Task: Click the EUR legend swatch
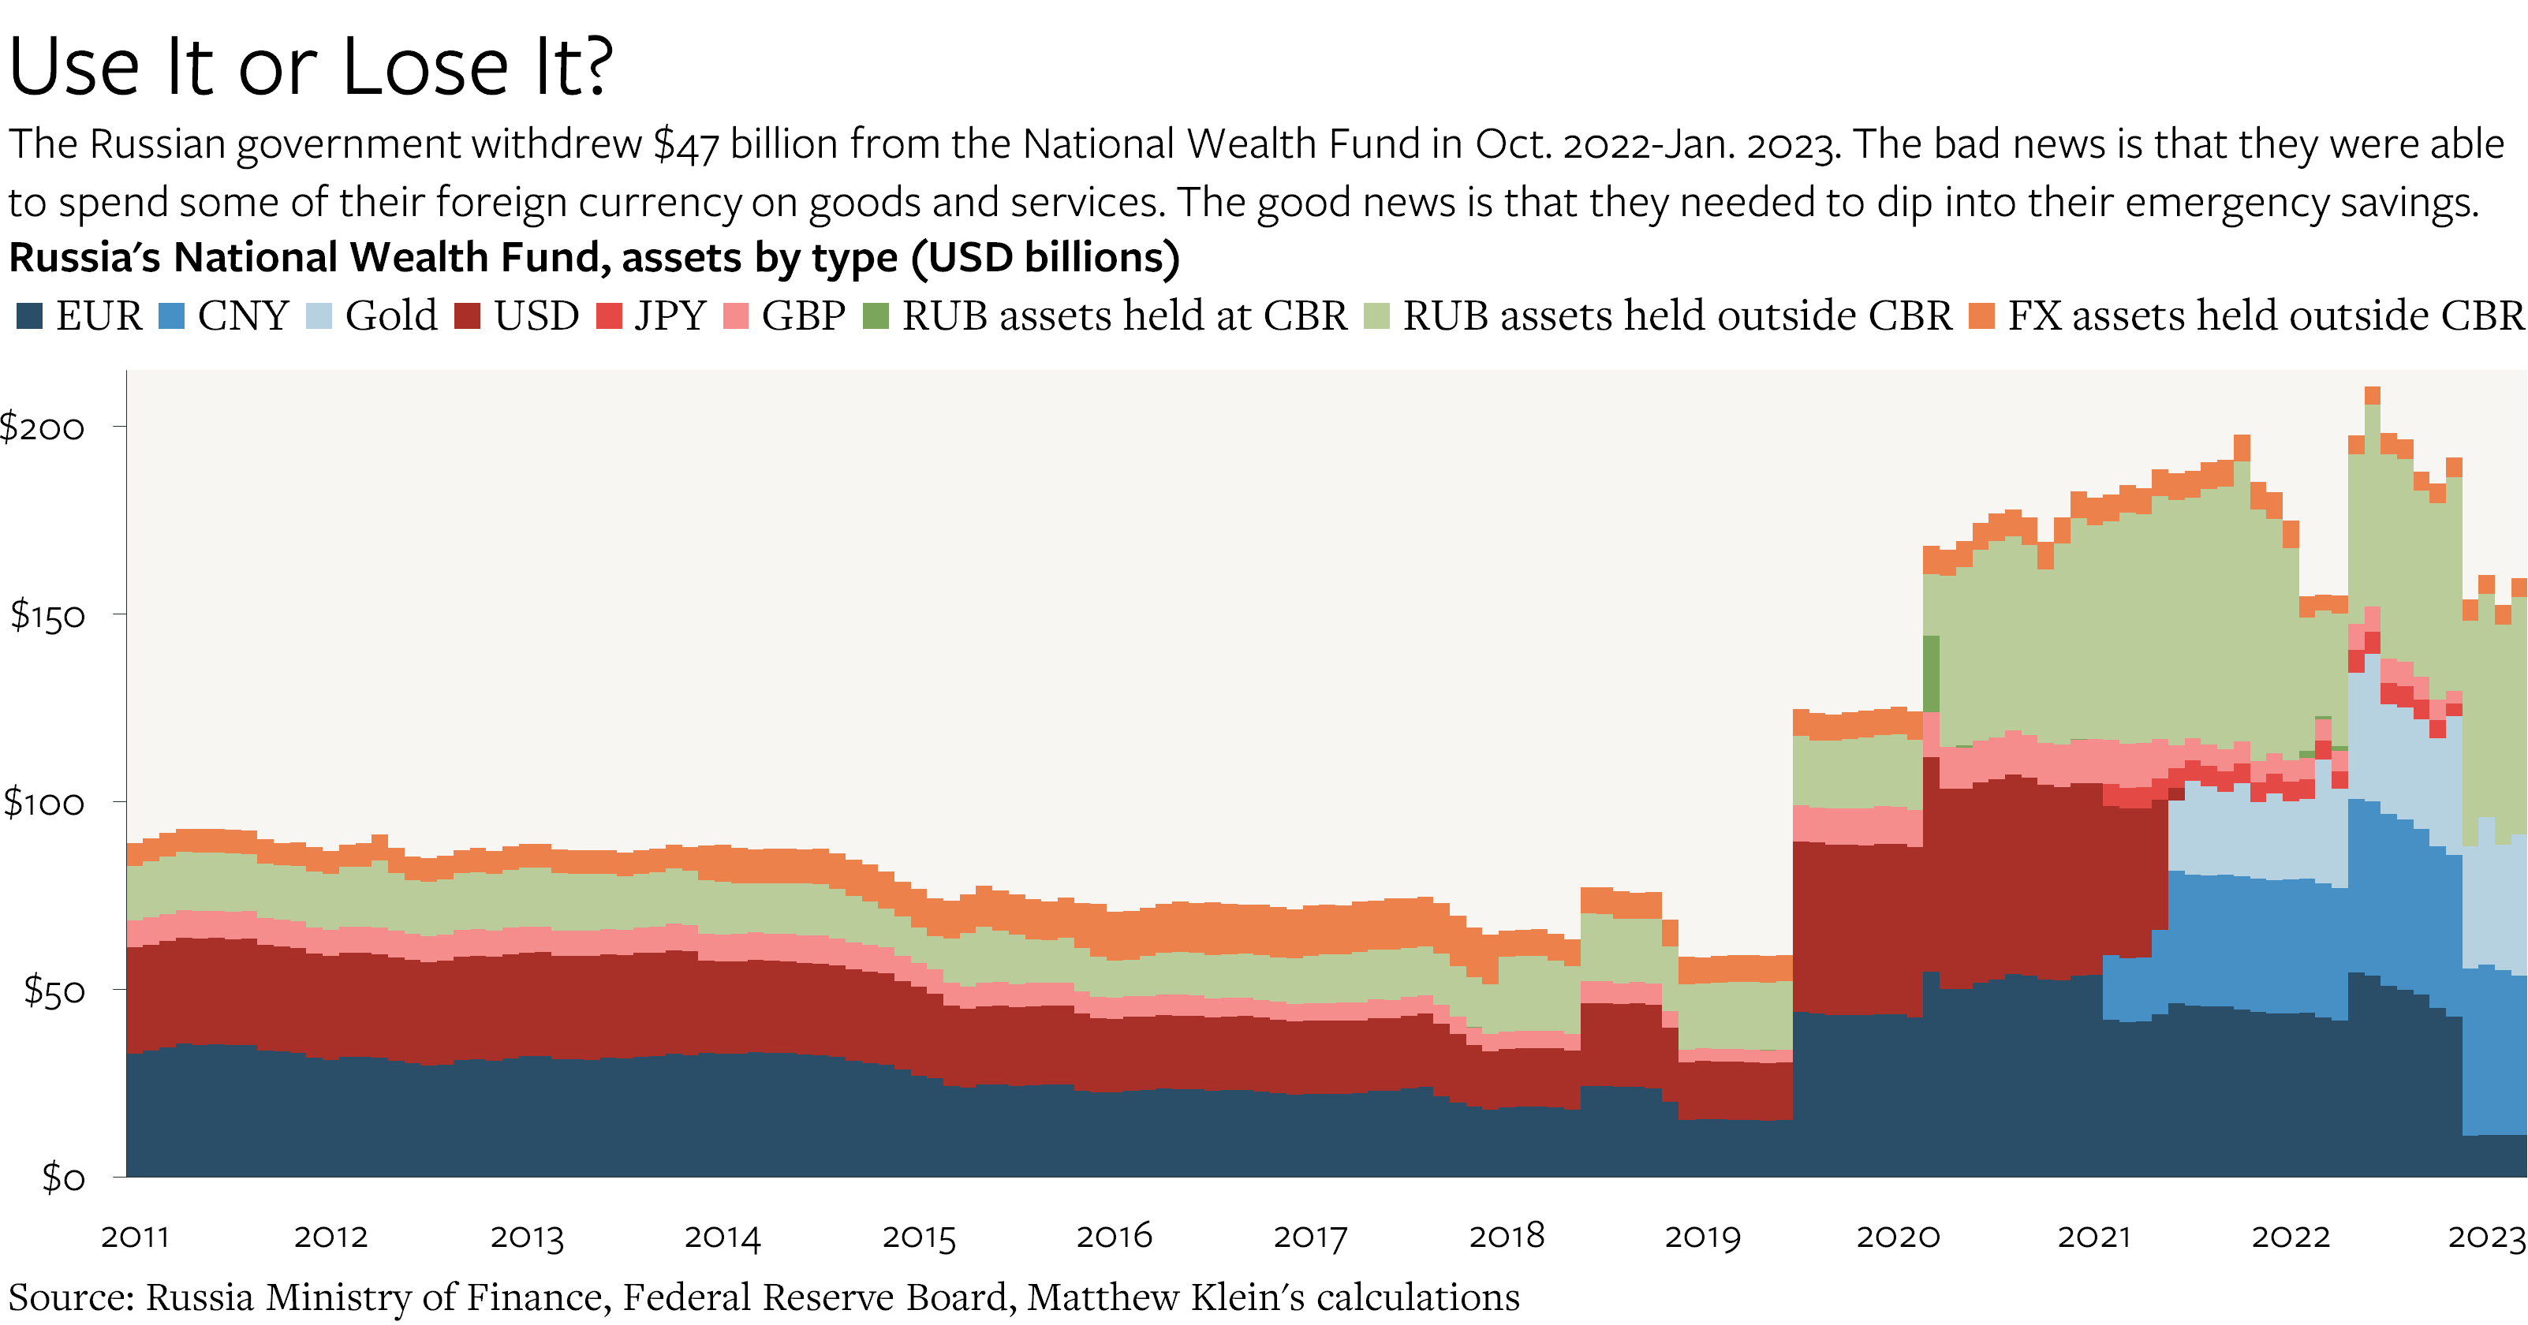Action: [29, 316]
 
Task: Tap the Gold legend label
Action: [390, 316]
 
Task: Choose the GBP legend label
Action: [803, 316]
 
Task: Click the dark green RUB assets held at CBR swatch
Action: [876, 316]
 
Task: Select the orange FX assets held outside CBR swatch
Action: [1981, 316]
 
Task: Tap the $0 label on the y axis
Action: [64, 1177]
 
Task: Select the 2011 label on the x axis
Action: [136, 1237]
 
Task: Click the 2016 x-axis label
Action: [1114, 1237]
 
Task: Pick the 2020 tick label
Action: [1898, 1237]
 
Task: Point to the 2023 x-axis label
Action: [2486, 1237]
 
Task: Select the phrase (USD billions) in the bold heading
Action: [1045, 257]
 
